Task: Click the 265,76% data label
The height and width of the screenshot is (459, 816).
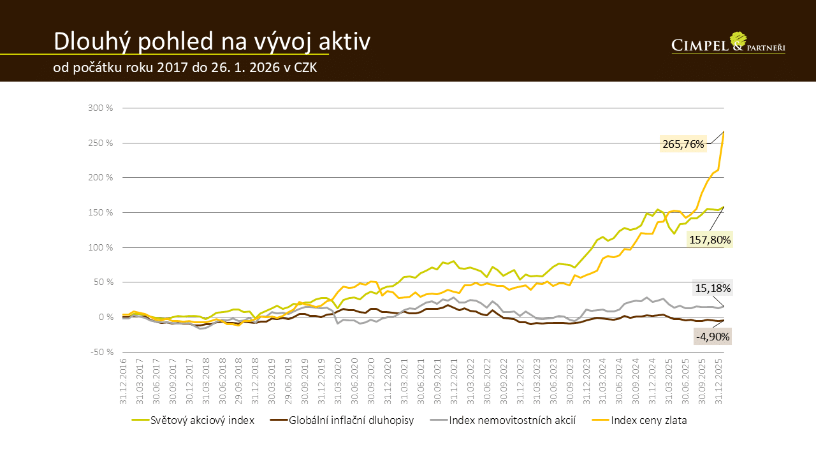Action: (x=683, y=144)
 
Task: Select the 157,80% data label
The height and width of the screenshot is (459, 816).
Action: (x=710, y=240)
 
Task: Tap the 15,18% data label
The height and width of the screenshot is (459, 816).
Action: (x=713, y=288)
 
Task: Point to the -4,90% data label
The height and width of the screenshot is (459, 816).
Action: (x=713, y=335)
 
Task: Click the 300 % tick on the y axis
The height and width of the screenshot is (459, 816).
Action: (x=100, y=108)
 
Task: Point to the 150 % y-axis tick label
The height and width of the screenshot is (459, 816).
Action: (x=100, y=212)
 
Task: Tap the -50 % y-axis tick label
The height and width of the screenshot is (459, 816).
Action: (x=100, y=352)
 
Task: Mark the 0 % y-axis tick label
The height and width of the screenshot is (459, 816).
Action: (x=105, y=317)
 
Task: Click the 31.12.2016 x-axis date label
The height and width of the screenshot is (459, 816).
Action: (x=124, y=381)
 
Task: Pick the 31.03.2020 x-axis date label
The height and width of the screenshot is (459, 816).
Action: (x=338, y=381)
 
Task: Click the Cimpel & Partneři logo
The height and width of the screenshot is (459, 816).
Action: (x=728, y=43)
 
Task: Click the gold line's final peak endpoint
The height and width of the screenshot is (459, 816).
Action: (x=724, y=132)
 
